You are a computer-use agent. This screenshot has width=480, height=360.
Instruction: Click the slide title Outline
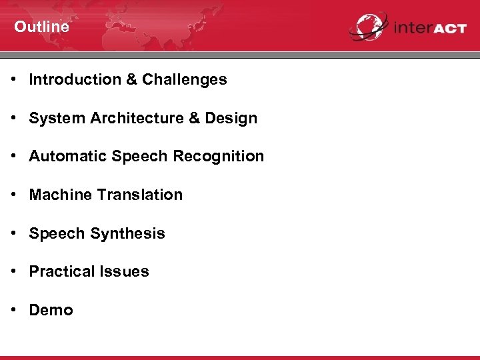click(41, 27)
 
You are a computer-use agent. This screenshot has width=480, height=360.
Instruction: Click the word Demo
click(51, 310)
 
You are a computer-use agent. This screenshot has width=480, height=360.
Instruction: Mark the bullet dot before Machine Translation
click(13, 195)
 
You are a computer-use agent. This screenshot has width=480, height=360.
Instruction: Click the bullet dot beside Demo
click(13, 310)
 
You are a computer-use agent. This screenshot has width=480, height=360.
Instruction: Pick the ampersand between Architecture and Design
click(194, 118)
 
